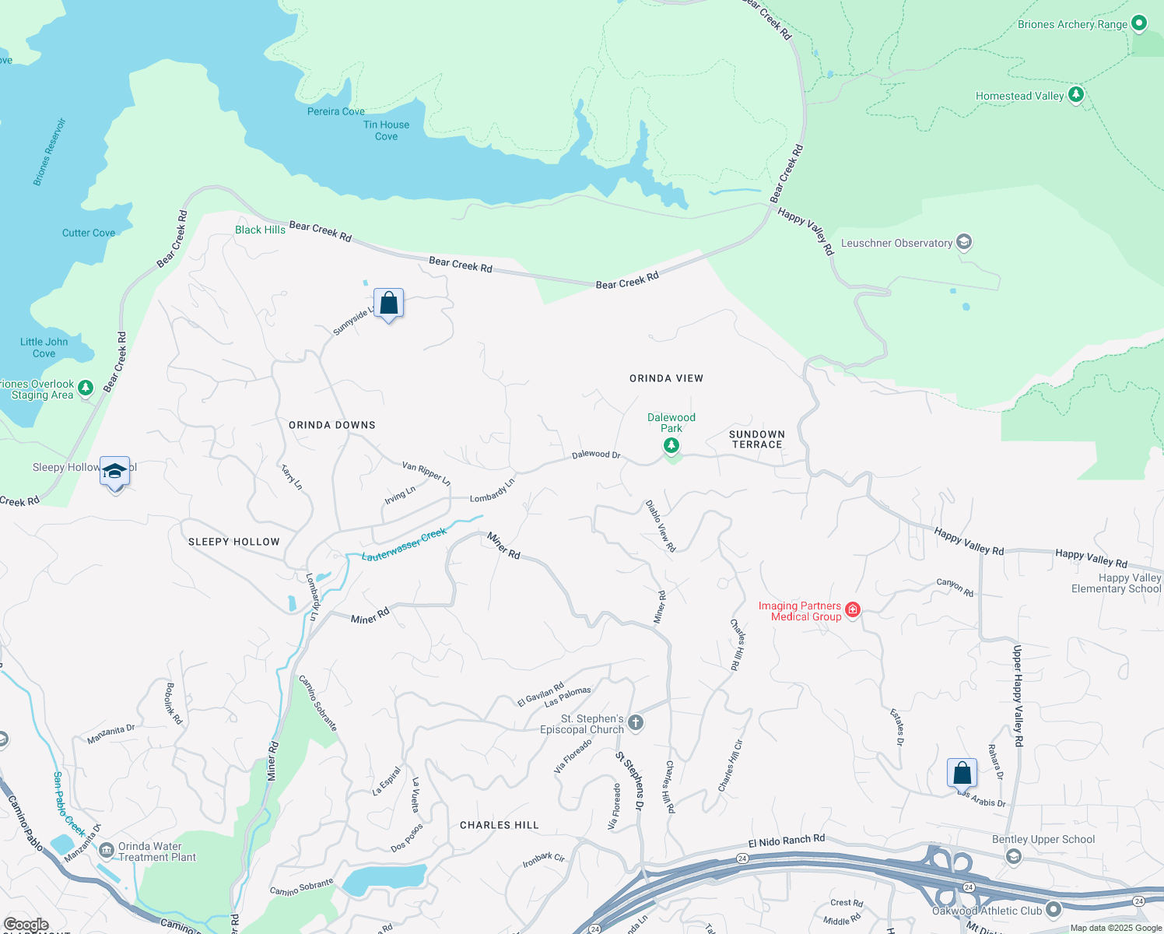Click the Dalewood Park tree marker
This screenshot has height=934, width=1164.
click(671, 446)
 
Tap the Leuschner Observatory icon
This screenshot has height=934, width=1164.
click(964, 243)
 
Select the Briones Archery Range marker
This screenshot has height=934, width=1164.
click(1139, 23)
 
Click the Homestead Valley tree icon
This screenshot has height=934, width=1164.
click(1076, 95)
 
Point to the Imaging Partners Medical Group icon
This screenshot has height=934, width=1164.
click(853, 609)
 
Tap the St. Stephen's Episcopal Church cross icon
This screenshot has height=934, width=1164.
click(636, 723)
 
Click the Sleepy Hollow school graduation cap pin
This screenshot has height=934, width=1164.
click(115, 472)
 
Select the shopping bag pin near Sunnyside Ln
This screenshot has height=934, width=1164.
click(388, 304)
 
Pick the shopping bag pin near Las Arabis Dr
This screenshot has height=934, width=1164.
click(962, 774)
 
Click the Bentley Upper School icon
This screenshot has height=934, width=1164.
click(1013, 856)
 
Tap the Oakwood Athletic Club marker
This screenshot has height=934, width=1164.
click(1054, 909)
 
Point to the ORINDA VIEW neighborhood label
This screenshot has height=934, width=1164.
click(666, 378)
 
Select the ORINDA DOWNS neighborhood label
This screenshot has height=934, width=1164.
click(332, 425)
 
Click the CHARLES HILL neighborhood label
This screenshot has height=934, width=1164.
click(499, 825)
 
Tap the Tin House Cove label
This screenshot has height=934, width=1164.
click(386, 130)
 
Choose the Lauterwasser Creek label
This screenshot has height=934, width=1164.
click(404, 544)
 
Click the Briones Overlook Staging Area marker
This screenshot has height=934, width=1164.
click(86, 388)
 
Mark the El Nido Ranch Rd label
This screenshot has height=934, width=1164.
click(786, 841)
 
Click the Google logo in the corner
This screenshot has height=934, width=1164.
click(26, 925)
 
